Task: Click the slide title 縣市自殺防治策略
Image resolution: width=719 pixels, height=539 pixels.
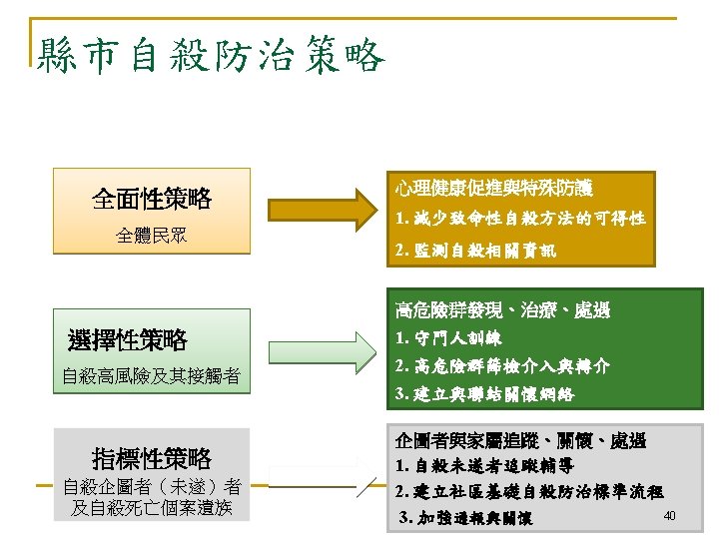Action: [x=210, y=56]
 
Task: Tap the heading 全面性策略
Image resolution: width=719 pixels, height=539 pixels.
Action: [x=152, y=199]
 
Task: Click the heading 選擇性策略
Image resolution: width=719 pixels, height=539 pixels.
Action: [x=128, y=340]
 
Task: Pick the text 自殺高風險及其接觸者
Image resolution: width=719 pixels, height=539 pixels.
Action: [x=151, y=376]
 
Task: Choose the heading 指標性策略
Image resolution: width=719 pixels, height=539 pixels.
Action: [x=152, y=458]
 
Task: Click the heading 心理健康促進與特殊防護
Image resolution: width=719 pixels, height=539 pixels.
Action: [x=493, y=187]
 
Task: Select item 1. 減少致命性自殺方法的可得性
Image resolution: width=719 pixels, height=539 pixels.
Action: [x=519, y=218]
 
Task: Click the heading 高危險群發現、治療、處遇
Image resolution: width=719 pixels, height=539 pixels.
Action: [x=502, y=309]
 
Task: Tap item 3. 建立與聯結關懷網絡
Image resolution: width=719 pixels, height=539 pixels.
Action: [x=485, y=394]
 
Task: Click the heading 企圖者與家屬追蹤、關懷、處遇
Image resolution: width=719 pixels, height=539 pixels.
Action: [x=520, y=440]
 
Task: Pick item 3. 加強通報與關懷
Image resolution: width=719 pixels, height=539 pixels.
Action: [x=466, y=519]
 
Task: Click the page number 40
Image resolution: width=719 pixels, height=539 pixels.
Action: [x=670, y=515]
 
